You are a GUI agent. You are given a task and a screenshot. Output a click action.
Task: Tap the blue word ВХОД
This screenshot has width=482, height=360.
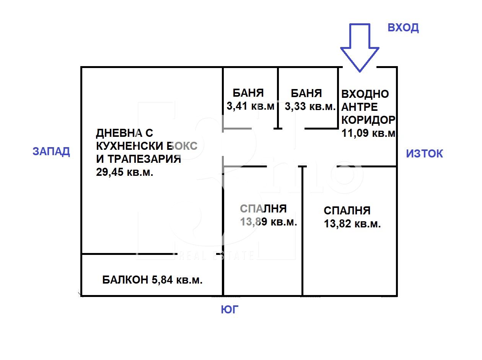[x=403, y=28]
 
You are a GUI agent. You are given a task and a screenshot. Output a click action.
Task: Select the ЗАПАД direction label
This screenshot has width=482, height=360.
[x=51, y=152]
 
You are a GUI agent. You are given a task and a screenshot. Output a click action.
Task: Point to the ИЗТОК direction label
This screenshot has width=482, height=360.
[x=424, y=153]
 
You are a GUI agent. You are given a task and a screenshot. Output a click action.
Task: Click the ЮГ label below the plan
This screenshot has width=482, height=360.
[x=230, y=309]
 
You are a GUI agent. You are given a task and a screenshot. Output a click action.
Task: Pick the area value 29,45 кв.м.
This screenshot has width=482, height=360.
[x=124, y=172]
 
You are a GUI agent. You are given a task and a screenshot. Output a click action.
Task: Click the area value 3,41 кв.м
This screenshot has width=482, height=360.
[x=250, y=106]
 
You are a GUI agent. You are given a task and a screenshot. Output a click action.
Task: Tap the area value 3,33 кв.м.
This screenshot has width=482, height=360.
[x=310, y=107]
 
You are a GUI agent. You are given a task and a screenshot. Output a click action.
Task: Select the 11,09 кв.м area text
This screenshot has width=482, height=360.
[x=368, y=133]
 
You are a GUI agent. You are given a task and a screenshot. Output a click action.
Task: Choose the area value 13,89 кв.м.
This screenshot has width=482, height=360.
[x=268, y=222]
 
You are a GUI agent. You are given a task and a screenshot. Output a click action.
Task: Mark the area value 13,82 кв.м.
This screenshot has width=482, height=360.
[x=352, y=224]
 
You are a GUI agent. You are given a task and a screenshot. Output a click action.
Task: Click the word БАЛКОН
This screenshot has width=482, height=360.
[x=125, y=280]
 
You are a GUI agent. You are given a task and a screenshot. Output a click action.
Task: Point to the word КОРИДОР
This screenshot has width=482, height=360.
[x=368, y=120]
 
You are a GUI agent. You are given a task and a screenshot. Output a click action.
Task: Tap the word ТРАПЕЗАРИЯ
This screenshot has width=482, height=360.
[x=144, y=159]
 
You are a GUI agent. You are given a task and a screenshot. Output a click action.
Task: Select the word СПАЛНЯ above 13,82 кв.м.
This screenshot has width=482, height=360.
[x=347, y=211]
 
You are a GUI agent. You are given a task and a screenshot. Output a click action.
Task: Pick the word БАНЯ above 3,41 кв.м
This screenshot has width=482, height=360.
[x=248, y=93]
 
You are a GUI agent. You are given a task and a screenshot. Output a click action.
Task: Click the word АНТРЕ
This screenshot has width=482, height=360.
[x=360, y=107]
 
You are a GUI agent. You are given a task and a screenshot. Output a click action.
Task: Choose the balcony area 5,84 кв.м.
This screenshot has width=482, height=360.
[x=177, y=280]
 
